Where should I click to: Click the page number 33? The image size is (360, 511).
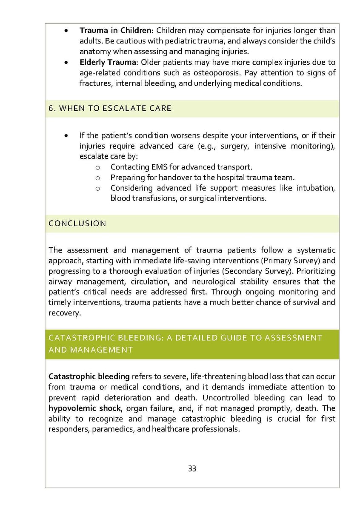pyautogui.click(x=192, y=468)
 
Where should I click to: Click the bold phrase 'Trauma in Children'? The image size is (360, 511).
pyautogui.click(x=115, y=31)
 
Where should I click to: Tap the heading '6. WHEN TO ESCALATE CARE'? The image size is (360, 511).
pyautogui.click(x=110, y=108)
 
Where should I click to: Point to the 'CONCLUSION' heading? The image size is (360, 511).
pyautogui.click(x=77, y=223)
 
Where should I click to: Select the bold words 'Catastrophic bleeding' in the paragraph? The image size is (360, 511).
pyautogui.click(x=89, y=376)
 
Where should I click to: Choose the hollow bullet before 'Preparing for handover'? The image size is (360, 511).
pyautogui.click(x=97, y=178)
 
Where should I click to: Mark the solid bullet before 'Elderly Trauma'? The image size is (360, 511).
pyautogui.click(x=66, y=63)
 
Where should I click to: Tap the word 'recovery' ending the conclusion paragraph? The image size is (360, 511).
pyautogui.click(x=64, y=313)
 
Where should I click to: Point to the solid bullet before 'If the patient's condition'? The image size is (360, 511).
pyautogui.click(x=66, y=136)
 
